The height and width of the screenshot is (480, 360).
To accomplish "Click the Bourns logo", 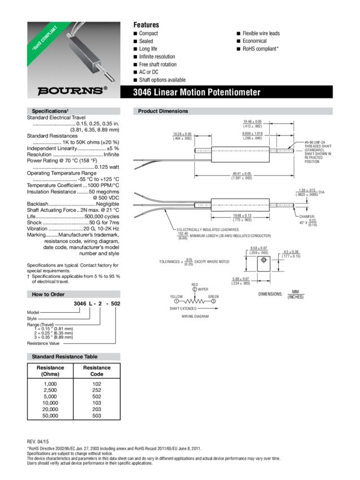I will point(71,90).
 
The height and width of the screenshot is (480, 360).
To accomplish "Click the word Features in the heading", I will point(146,25).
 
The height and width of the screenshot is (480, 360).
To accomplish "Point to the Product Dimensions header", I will point(163,111).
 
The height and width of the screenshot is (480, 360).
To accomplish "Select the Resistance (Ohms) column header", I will point(51,370).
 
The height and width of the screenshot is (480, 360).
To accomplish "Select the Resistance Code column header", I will point(97,370).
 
